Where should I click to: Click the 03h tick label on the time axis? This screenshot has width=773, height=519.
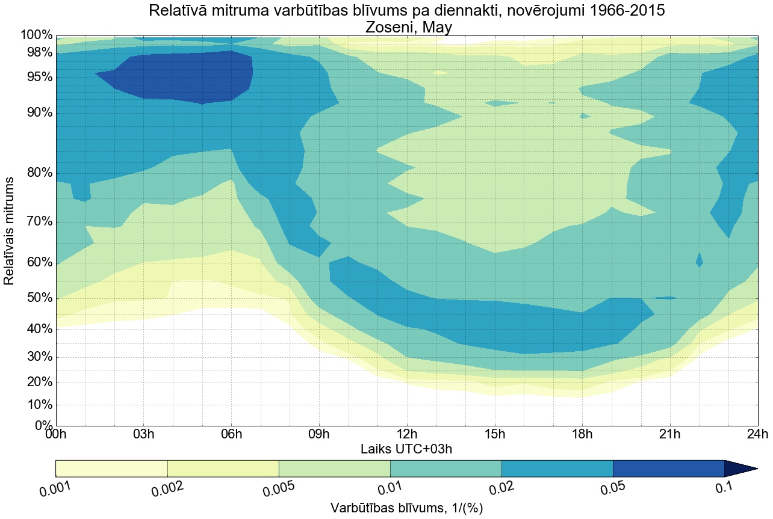144,435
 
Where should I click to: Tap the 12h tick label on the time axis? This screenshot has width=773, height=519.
407,435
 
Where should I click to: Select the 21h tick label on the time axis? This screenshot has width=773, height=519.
669,435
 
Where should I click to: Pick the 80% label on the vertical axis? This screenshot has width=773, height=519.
37,173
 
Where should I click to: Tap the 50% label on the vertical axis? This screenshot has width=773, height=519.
37,299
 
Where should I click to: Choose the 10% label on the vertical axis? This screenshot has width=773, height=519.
37,405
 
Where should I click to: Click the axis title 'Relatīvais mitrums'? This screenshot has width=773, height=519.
10,231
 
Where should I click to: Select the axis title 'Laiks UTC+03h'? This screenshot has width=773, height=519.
406,449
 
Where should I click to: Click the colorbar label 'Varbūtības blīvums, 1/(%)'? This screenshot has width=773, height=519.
406,508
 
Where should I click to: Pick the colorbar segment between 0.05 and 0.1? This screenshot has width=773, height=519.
668,468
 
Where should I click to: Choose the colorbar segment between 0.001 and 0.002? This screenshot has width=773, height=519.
111,468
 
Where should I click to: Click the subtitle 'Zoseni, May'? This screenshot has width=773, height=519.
406,27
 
